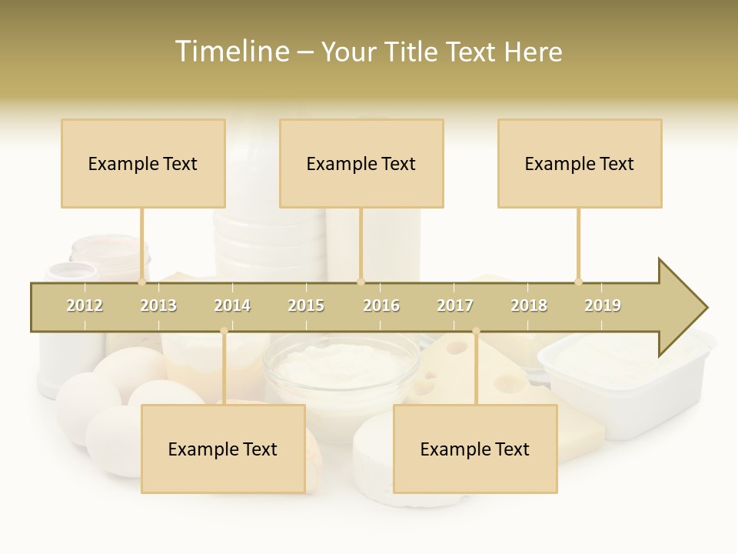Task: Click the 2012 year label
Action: [x=85, y=305]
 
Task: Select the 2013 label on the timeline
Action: [x=158, y=305]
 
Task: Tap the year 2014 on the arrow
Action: [x=232, y=305]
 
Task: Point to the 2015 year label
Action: [x=306, y=305]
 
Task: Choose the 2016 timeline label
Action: [x=381, y=305]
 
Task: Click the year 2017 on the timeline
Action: [x=455, y=305]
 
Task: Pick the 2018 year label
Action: [x=529, y=305]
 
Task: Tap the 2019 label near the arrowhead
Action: [x=603, y=305]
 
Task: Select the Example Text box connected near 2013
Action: [x=143, y=163]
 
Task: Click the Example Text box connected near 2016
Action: [x=361, y=163]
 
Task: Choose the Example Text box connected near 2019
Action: [x=580, y=163]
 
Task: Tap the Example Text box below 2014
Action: [x=223, y=449]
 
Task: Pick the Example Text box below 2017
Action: [x=475, y=449]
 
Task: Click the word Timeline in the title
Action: [x=231, y=52]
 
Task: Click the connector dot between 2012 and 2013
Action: [x=141, y=282]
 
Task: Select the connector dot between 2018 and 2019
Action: [x=578, y=282]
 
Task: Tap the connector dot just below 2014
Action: [x=224, y=332]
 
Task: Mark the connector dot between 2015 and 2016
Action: [x=361, y=282]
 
